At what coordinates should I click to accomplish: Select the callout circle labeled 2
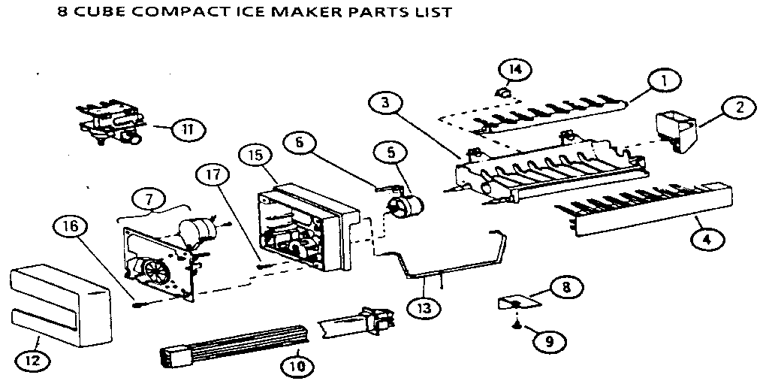pos(740,108)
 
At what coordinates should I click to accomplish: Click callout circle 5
pos(390,153)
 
